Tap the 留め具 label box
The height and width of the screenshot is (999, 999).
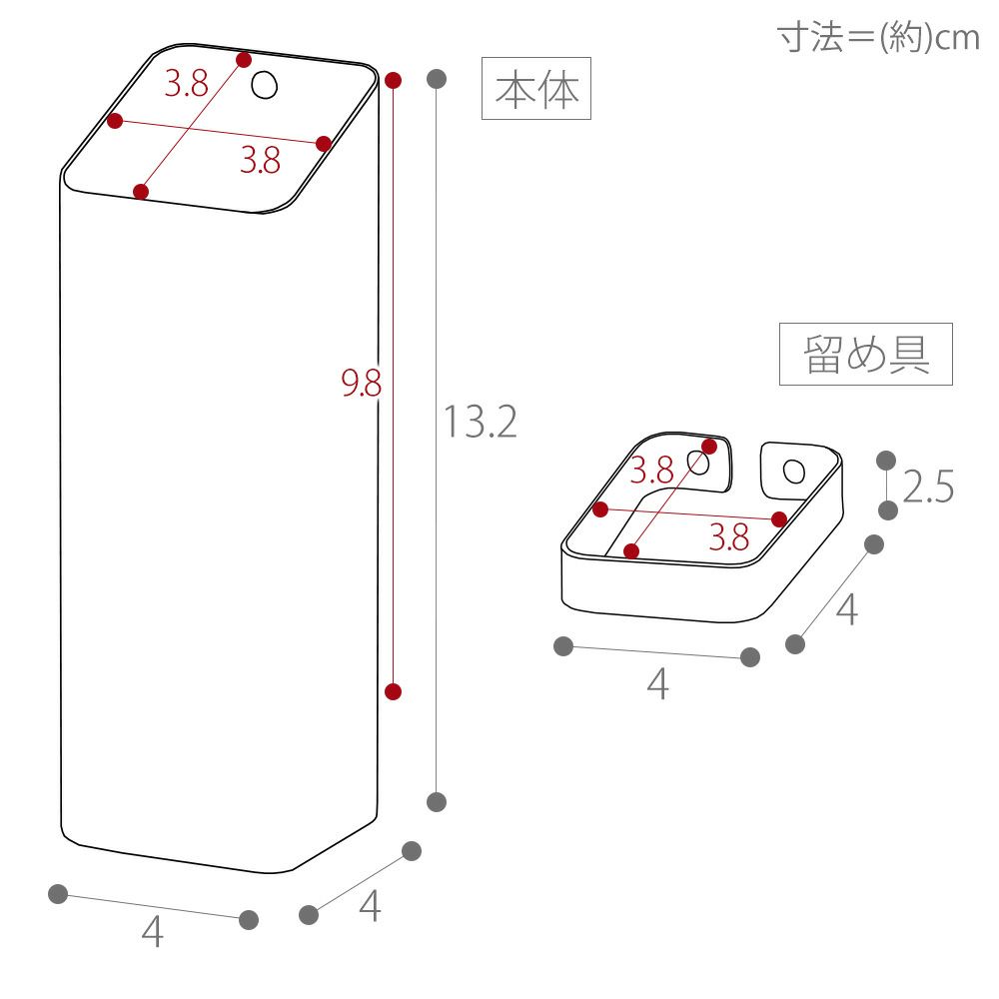[865, 355]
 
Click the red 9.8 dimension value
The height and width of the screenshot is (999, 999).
[362, 383]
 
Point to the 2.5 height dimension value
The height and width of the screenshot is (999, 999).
[928, 488]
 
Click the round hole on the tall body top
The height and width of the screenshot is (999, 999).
[264, 85]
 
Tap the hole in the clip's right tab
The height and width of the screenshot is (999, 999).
[793, 471]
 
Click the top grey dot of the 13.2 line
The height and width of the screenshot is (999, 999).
[437, 78]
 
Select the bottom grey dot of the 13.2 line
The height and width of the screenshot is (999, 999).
[437, 801]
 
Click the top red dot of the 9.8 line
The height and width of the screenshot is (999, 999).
[393, 79]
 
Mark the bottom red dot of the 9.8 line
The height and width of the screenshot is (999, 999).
[393, 691]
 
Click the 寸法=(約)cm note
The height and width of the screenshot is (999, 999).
[878, 37]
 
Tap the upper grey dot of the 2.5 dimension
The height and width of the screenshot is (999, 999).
[885, 460]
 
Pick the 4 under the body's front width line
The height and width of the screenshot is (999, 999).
[152, 933]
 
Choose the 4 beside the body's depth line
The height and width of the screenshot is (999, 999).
[370, 907]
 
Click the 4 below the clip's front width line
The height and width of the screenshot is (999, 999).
[656, 685]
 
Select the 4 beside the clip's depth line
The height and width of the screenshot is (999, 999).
[846, 608]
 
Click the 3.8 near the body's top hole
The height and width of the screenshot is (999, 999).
[187, 85]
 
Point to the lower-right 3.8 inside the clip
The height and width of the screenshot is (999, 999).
[729, 538]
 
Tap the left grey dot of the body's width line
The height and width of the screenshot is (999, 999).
[58, 894]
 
